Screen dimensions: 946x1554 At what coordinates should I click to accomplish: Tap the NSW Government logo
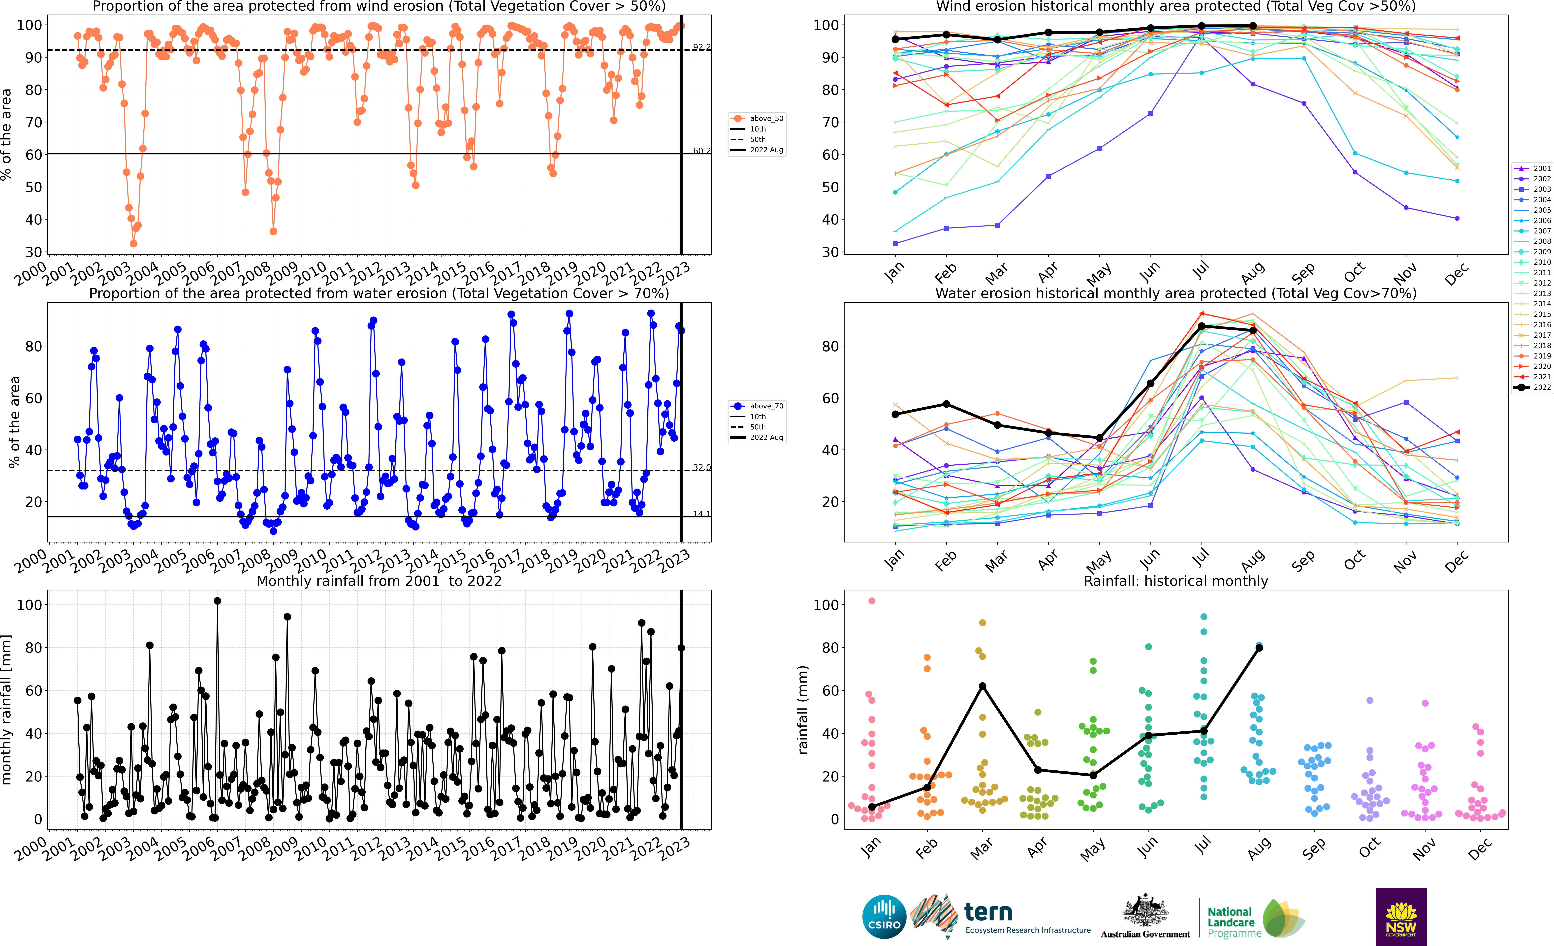1401,916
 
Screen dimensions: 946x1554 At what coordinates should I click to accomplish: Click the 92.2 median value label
701,47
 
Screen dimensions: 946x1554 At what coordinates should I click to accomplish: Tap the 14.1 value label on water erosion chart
701,513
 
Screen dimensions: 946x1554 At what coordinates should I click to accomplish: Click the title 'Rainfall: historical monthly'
1176,581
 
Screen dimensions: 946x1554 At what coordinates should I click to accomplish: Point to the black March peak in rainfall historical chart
983,686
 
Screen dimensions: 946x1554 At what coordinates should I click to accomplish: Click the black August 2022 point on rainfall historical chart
1259,648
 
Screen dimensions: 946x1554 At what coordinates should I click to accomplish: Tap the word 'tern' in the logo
988,912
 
